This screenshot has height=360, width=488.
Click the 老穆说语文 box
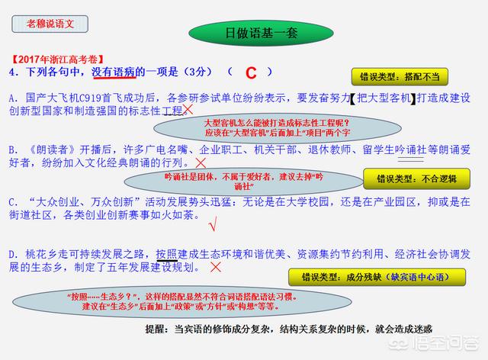[x=50, y=24]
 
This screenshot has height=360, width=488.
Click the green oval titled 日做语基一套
[x=261, y=33]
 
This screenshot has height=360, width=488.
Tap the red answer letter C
[x=251, y=73]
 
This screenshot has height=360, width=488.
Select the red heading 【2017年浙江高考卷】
[x=57, y=59]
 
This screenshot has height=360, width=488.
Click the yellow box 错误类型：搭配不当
[x=400, y=76]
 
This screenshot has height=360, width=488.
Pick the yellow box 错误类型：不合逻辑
[x=416, y=178]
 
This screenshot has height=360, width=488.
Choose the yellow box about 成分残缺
[x=377, y=277]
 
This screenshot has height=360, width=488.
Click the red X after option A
[x=188, y=110]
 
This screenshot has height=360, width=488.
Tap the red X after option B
[x=201, y=162]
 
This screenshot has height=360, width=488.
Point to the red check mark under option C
[x=213, y=223]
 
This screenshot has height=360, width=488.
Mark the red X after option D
[x=216, y=267]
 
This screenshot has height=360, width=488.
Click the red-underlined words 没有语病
[x=114, y=72]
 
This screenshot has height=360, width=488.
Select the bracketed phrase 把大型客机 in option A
[x=384, y=98]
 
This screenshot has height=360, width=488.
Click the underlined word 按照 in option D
[x=166, y=255]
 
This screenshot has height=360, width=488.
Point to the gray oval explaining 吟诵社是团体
[x=244, y=182]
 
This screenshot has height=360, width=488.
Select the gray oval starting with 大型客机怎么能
[x=278, y=128]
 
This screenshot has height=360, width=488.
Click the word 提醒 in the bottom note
[x=154, y=329]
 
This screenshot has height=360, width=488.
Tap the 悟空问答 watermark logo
[x=434, y=343]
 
